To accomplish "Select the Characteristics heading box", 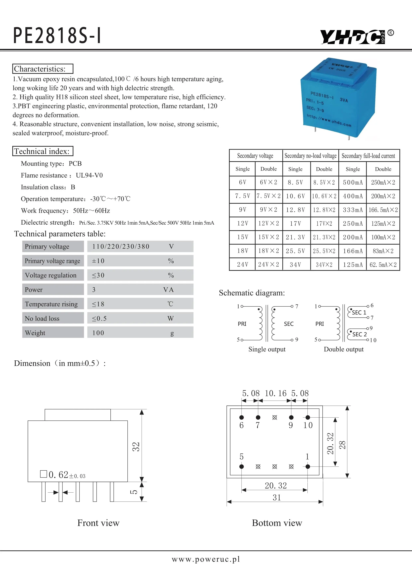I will coord(43,69).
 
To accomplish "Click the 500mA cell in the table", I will coord(353,182).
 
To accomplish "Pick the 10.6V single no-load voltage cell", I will coord(295,196).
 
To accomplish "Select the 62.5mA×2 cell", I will coord(383,265).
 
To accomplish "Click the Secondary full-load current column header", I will coord(368,156).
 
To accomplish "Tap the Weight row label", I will coord(35,333).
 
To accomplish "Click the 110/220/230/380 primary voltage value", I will coord(121,246).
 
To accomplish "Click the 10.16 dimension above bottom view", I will coord(275,393).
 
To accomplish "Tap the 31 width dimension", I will coord(277,497).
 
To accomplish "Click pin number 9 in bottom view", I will coord(291,425).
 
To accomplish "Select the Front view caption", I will coord(98,523).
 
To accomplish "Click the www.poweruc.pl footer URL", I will coord(206,559).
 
